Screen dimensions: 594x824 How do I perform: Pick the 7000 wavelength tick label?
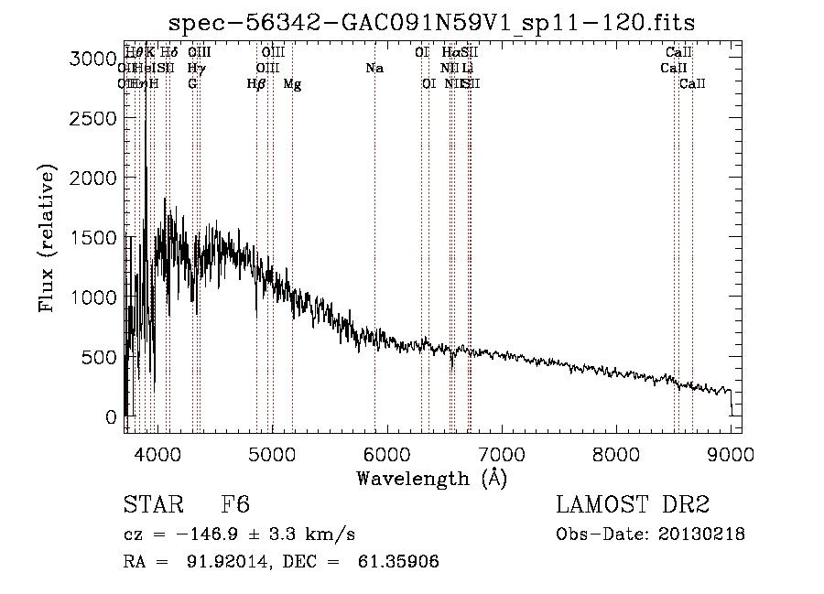501,454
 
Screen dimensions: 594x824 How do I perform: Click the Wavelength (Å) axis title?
431,478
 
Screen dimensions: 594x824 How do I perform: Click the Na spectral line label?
374,69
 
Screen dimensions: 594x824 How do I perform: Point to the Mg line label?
292,84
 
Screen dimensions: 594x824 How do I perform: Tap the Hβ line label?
256,84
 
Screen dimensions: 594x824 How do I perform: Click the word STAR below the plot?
152,505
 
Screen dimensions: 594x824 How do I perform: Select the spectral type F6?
235,505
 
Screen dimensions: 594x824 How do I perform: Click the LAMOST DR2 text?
633,505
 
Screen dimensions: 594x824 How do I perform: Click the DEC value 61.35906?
399,562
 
